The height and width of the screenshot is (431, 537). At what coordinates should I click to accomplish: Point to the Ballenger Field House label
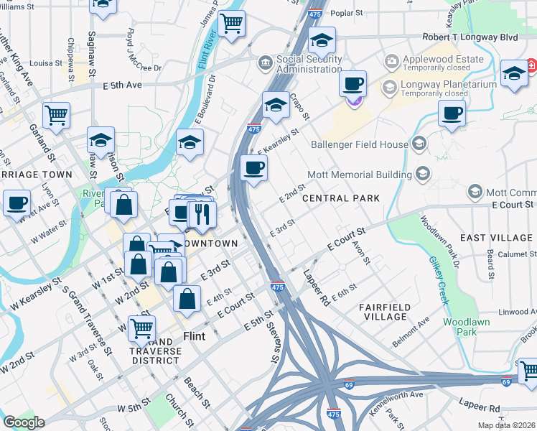coord(359,144)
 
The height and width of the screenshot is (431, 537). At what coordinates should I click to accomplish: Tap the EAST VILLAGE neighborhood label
coord(496,238)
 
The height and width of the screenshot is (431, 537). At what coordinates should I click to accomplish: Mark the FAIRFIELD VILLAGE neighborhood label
coord(385,312)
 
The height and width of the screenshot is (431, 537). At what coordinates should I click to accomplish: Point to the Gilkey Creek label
coord(437,279)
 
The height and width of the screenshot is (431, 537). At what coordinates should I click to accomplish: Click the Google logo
coord(24,422)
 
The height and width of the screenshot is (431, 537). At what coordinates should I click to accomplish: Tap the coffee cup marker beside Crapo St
coord(352,83)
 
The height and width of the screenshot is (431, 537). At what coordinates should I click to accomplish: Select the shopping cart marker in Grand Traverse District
coord(141,328)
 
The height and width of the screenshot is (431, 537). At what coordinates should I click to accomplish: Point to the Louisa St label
coord(46,63)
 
